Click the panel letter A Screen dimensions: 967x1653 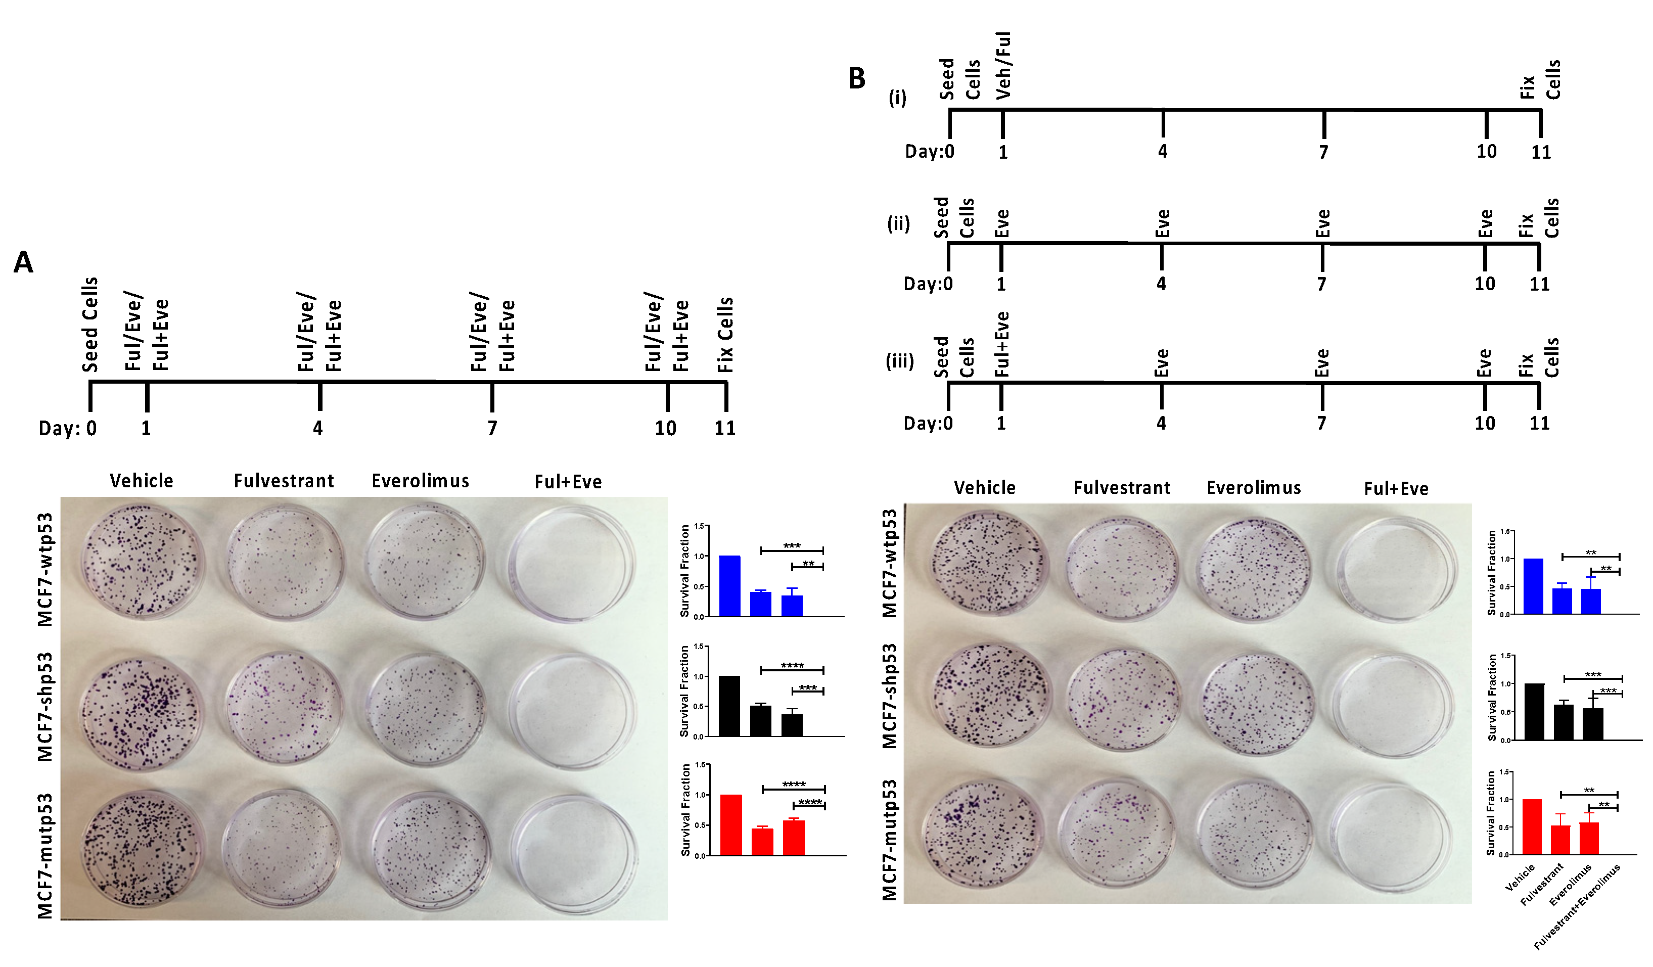pos(24,262)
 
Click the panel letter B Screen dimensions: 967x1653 pos(857,79)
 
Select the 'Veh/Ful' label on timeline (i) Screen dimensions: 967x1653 pos(1003,66)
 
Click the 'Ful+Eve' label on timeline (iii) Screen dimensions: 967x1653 pos(1001,344)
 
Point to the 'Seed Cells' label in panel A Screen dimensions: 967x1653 pos(90,325)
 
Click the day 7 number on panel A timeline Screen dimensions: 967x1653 pos(492,428)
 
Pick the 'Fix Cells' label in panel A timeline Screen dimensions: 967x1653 pos(725,335)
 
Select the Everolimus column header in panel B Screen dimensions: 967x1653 pos(1254,488)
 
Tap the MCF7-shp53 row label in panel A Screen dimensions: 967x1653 pos(44,707)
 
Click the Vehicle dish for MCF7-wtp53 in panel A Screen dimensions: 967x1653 pos(141,562)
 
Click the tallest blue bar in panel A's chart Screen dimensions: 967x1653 pos(729,586)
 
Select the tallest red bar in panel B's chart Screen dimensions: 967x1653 pos(1532,826)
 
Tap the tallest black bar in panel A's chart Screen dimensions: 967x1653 pos(729,706)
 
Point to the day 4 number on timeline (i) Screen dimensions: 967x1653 pos(1162,152)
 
